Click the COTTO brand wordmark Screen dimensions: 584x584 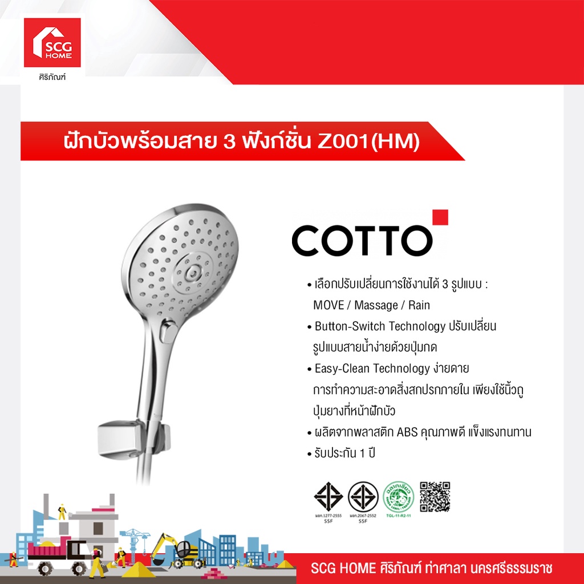click(362, 241)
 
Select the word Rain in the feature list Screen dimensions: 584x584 click(419, 305)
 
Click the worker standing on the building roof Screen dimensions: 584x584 click(62, 510)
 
